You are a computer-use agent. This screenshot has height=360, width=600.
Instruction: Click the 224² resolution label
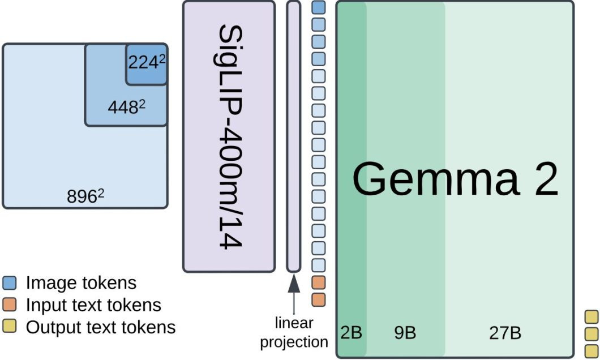click(147, 62)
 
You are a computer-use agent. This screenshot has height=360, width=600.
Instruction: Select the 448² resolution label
click(127, 107)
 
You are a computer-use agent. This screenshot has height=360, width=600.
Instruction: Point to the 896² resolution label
click(85, 196)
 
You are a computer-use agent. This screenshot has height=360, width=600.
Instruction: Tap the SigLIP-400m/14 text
click(230, 136)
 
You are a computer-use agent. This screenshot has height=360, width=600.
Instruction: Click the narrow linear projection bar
click(294, 136)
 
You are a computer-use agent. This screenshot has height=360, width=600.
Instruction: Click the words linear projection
click(294, 332)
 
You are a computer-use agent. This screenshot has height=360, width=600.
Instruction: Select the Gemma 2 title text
click(455, 178)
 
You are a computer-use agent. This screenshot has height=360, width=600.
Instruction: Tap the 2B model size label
click(352, 332)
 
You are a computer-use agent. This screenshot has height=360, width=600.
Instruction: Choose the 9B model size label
click(405, 332)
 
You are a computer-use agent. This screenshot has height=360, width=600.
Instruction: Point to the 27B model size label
click(505, 332)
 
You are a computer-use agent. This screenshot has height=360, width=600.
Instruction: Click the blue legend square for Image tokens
click(9, 282)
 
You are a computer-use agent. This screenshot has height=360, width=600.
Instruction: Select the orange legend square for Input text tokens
click(9, 305)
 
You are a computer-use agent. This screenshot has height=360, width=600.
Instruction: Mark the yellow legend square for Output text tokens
click(9, 327)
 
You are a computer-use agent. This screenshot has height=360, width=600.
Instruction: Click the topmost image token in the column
click(318, 7)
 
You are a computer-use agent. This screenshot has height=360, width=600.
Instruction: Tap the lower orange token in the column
click(318, 300)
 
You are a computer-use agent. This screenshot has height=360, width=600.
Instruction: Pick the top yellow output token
click(592, 317)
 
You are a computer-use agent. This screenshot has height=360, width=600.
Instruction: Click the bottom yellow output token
click(592, 351)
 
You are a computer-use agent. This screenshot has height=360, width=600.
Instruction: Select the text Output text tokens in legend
click(101, 327)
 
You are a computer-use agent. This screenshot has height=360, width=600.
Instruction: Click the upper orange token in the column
click(318, 282)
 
